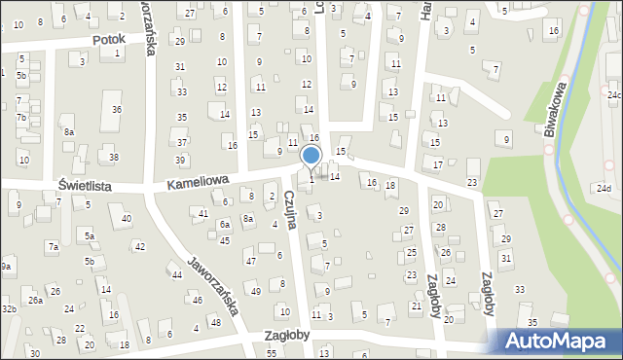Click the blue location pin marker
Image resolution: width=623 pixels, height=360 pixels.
[x=311, y=157]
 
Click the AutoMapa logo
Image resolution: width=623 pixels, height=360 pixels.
[x=558, y=341]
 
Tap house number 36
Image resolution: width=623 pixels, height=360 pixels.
[x=116, y=109]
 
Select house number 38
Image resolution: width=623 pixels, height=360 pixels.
[x=114, y=158]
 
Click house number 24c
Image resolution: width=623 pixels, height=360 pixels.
[x=614, y=94]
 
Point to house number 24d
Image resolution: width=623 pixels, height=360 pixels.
[x=605, y=188]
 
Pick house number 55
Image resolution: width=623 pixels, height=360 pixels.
[x=272, y=352]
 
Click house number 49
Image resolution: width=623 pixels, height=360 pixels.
[x=256, y=292]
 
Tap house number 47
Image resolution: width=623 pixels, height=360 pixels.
[x=250, y=261]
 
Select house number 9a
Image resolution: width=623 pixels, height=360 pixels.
[x=6, y=267]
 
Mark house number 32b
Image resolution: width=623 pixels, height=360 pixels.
[x=9, y=309]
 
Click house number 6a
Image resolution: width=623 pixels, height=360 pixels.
[x=224, y=225]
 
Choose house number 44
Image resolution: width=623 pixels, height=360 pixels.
[x=177, y=275]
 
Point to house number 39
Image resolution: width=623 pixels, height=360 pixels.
[x=180, y=160]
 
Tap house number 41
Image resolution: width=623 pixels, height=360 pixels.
[x=203, y=212]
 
